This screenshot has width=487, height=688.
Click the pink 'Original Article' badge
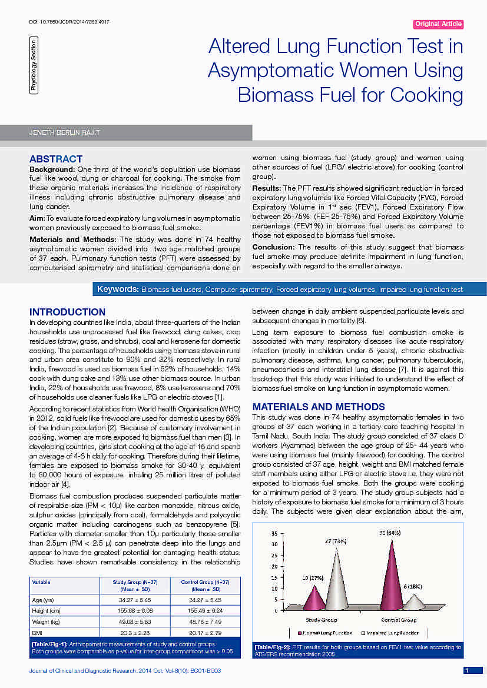(439, 24)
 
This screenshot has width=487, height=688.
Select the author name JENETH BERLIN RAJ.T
(65, 133)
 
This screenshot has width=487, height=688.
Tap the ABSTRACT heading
(56, 159)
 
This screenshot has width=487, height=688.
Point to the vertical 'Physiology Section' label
(34, 65)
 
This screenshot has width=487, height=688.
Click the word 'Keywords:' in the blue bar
(118, 290)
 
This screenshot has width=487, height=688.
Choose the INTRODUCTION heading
(68, 312)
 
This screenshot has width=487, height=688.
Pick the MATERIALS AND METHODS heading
(319, 407)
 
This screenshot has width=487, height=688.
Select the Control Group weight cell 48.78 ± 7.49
(203, 621)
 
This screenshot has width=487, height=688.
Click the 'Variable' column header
(41, 582)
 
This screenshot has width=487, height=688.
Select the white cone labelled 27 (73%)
(336, 583)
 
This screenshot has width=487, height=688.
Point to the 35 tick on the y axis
(274, 533)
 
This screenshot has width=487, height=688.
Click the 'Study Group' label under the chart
(322, 620)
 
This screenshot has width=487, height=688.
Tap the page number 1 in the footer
(466, 670)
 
